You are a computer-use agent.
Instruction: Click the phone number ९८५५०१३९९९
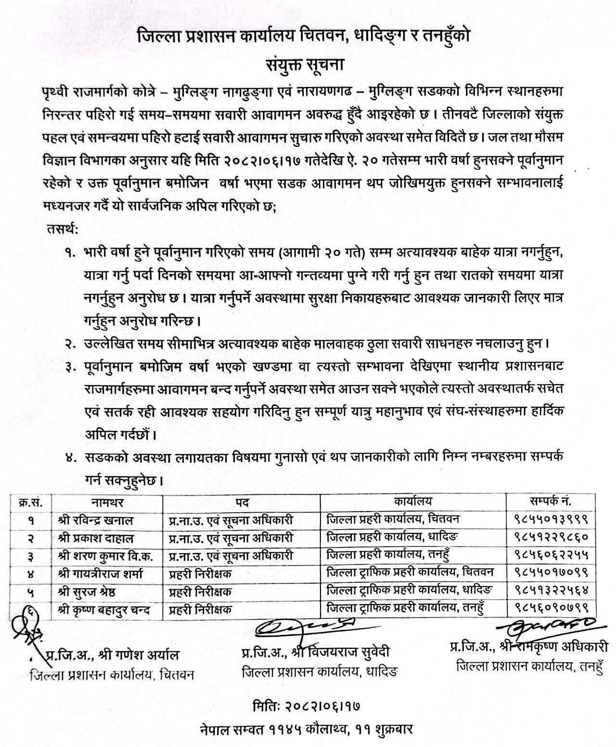tap(551, 520)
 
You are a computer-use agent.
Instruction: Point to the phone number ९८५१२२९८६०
tap(551, 538)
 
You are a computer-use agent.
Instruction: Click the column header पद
tap(242, 502)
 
